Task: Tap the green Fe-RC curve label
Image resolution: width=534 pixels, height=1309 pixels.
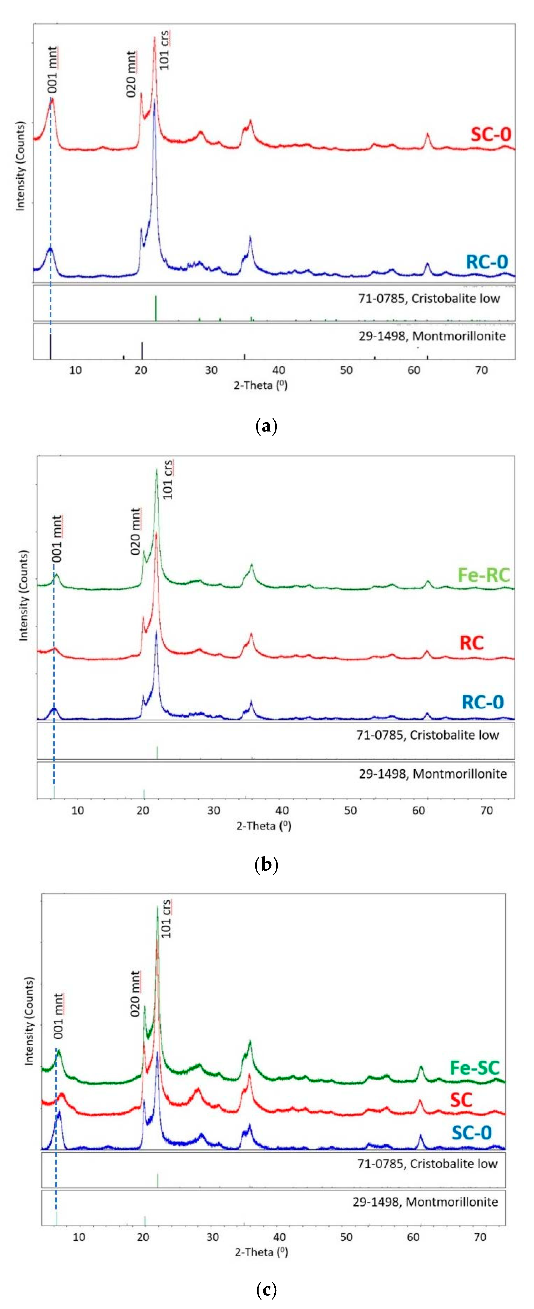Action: tap(483, 575)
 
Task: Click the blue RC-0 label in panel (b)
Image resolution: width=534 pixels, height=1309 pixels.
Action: tap(482, 702)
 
